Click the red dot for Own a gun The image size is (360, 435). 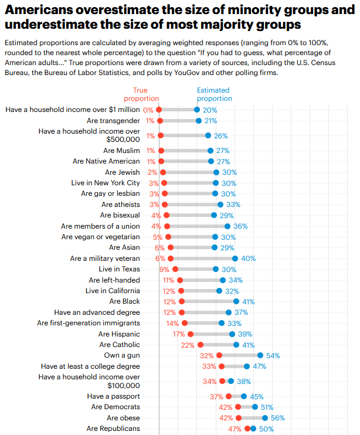point(219,355)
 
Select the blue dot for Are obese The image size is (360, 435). point(265,418)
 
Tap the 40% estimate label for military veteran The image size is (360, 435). point(248,259)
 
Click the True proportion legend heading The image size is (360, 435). point(141,94)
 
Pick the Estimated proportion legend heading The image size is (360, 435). point(214,94)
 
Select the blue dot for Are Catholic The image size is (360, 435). point(236,345)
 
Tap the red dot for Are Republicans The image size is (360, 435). point(247,429)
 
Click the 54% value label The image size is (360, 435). point(273,355)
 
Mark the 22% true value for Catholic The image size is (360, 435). point(188,345)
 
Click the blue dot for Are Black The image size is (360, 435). point(236,301)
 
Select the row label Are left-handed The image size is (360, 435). point(114,280)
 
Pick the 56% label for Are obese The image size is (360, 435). point(278,418)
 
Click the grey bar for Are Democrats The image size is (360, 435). point(246,407)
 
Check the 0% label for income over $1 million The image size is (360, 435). point(148,110)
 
